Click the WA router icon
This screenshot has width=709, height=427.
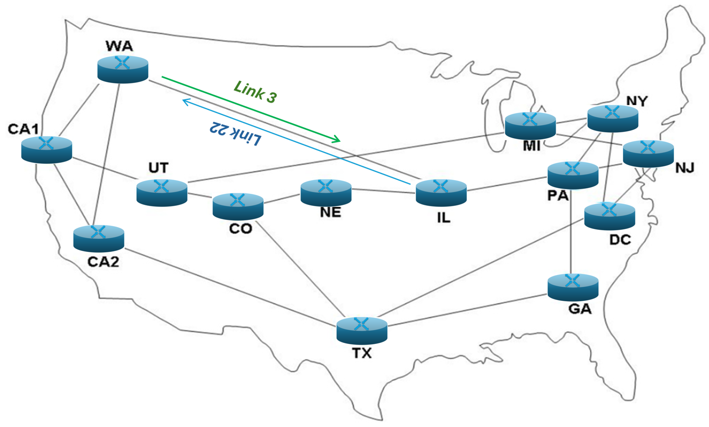[x=123, y=69]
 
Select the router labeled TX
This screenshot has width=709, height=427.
[x=362, y=330]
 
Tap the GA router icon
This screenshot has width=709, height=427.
[x=573, y=287]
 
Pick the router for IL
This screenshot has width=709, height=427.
[x=441, y=193]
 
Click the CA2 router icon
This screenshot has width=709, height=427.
[x=99, y=238]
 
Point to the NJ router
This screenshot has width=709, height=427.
[x=648, y=154]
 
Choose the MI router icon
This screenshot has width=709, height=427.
[x=530, y=126]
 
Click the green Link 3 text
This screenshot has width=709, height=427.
[x=255, y=92]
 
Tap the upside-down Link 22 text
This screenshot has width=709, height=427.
[x=235, y=133]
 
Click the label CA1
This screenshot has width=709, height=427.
[x=23, y=129]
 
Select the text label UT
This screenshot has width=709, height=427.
[x=158, y=168]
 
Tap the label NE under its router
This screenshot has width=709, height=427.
[x=330, y=212]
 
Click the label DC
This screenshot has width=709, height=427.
[x=620, y=240]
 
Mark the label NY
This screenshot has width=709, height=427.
[x=637, y=101]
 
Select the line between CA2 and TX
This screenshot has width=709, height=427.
[x=230, y=287]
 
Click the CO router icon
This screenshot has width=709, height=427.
[x=238, y=207]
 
